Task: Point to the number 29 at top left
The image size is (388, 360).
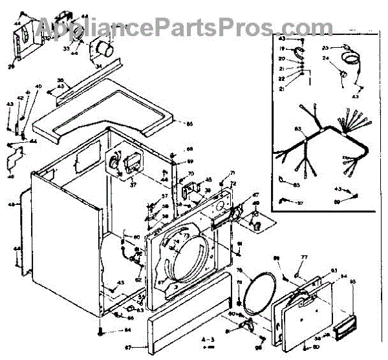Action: (11, 65)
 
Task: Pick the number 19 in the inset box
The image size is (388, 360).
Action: (282, 49)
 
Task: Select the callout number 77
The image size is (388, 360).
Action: (303, 257)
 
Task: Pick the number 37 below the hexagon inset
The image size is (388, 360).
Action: (133, 184)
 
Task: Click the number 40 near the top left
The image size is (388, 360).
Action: (38, 86)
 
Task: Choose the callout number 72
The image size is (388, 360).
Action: (233, 184)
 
